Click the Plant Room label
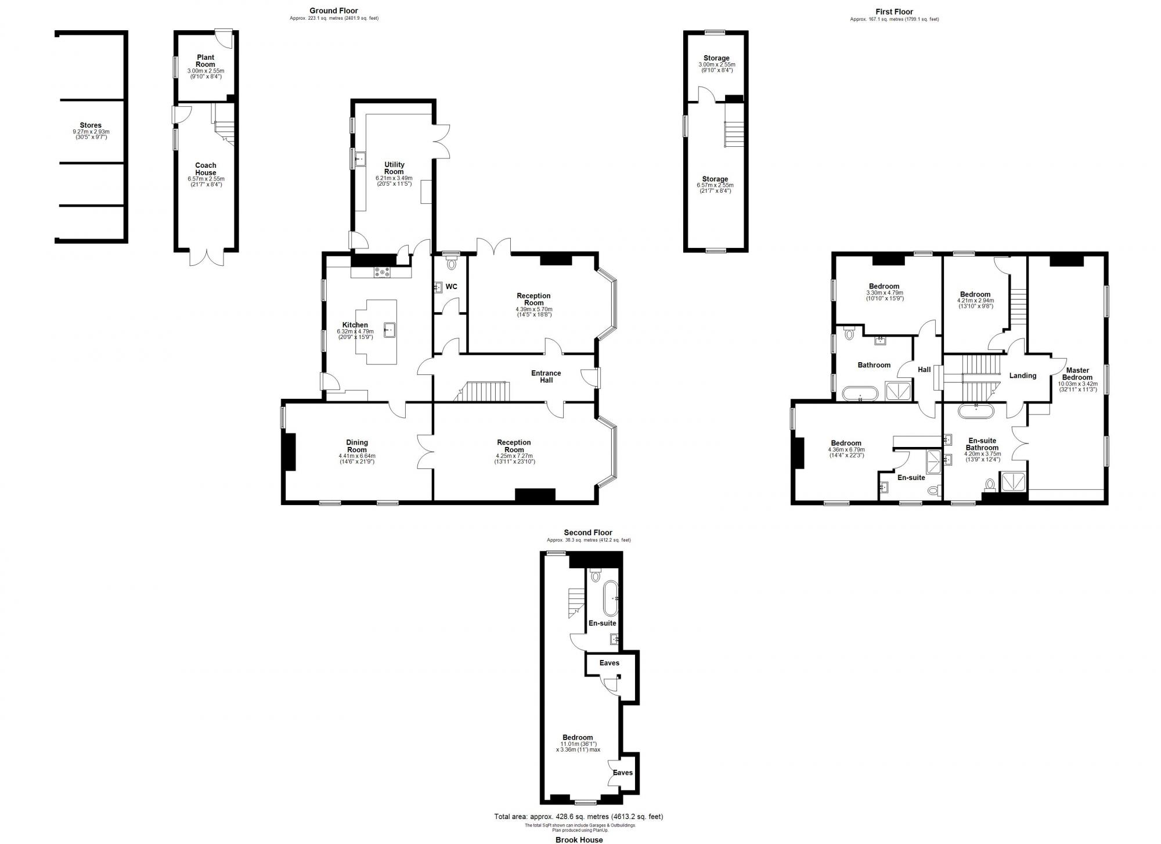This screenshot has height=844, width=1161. click(x=205, y=61)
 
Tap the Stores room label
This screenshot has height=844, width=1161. click(x=91, y=125)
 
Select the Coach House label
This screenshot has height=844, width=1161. click(x=205, y=169)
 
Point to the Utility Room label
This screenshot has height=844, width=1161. click(x=394, y=168)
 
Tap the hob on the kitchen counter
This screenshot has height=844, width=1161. click(x=383, y=271)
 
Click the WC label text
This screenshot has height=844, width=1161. click(x=451, y=287)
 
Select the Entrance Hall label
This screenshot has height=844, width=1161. click(x=546, y=377)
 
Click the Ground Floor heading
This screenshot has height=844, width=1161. click(x=333, y=10)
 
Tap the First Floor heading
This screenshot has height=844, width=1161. click(x=894, y=12)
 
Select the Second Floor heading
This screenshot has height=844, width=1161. click(x=588, y=532)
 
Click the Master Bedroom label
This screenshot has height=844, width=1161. click(x=1077, y=374)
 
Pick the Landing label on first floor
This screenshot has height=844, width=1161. click(x=1023, y=376)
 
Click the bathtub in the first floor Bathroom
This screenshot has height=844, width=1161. click(x=860, y=393)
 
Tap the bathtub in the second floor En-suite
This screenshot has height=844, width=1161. click(x=610, y=598)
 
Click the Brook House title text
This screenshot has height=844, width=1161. click(x=579, y=839)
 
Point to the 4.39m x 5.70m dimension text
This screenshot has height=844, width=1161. click(x=533, y=309)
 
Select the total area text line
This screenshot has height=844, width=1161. click(x=578, y=817)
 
